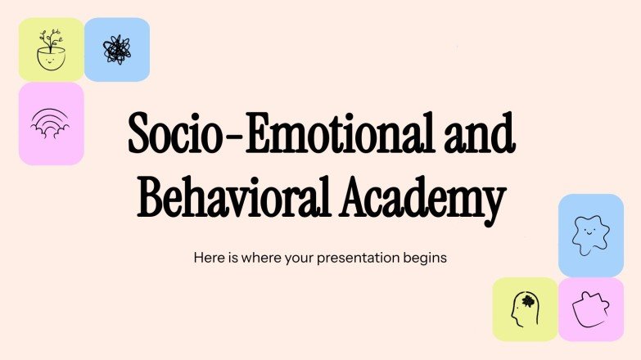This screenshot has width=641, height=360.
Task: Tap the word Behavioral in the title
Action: (x=231, y=199)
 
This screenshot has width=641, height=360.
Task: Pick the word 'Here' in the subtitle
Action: (x=207, y=257)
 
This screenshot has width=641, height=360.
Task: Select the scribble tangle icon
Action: (x=117, y=50)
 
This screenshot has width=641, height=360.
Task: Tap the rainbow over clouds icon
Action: (x=51, y=124)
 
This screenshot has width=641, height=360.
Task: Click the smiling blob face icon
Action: (x=590, y=235)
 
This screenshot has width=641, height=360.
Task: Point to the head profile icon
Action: (x=524, y=309)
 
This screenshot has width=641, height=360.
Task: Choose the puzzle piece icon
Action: (x=590, y=309)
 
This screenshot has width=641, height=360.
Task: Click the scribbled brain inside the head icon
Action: (x=527, y=301)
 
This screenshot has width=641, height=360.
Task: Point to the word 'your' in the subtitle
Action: (x=300, y=258)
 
